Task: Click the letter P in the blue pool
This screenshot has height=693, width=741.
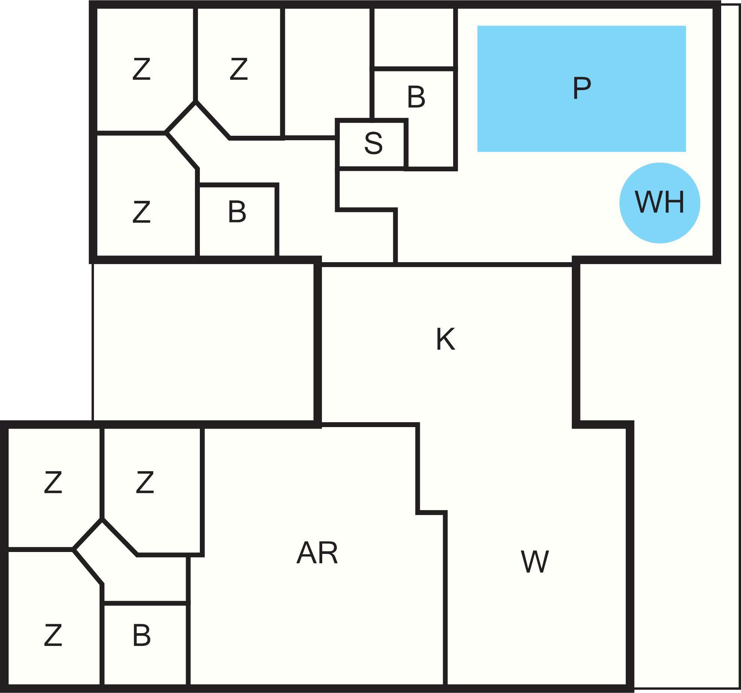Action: click(582, 88)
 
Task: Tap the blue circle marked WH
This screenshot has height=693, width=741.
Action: click(659, 203)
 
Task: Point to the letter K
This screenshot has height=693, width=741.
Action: click(445, 339)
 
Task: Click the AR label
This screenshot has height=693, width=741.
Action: click(317, 554)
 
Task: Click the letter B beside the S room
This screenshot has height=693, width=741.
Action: click(416, 97)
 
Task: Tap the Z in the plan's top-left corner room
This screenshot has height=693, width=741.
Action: click(141, 69)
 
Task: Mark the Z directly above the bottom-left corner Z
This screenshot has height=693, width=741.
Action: click(53, 482)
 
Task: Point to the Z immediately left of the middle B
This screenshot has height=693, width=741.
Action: click(141, 212)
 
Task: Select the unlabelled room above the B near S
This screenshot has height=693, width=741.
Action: click(414, 38)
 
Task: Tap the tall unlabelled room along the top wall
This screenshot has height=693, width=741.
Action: click(327, 72)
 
